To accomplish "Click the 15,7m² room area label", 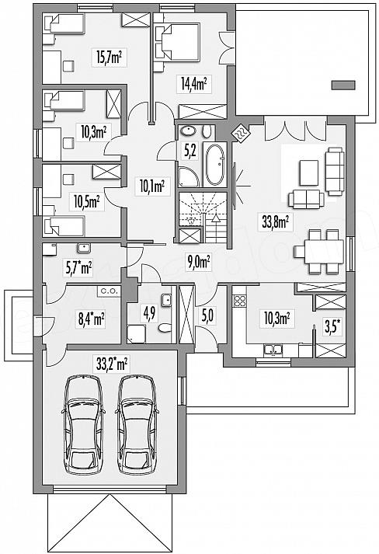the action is tap(110, 57).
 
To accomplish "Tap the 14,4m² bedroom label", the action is tap(194, 84).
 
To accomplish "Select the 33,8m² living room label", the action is tap(276, 222).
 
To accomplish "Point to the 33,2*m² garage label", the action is tap(112, 363).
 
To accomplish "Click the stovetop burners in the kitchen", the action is tap(240, 301).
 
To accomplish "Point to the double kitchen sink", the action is tap(273, 350).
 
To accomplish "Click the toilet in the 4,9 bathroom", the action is tap(165, 328).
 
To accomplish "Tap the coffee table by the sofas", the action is tap(308, 172).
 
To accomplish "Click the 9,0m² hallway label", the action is tap(199, 262).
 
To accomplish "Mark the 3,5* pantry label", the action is tap(333, 327).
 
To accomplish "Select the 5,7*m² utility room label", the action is tap(79, 267).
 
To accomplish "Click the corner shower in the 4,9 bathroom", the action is tap(136, 334).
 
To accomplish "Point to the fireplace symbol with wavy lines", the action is tap(242, 134).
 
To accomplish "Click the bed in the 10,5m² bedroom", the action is tap(64, 226).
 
